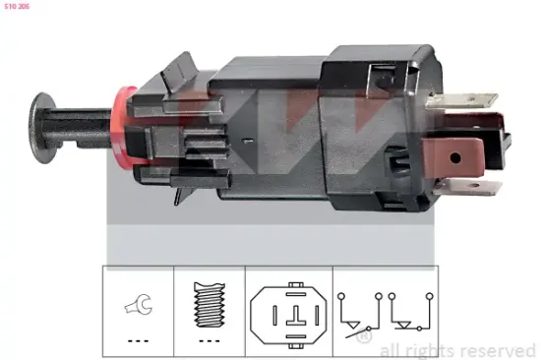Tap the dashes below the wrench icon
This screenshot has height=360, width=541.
click(x=136, y=340)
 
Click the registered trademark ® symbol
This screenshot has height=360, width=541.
click(x=366, y=338)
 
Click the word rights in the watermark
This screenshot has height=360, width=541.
click(x=427, y=350)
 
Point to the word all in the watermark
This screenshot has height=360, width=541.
click(x=390, y=350)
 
